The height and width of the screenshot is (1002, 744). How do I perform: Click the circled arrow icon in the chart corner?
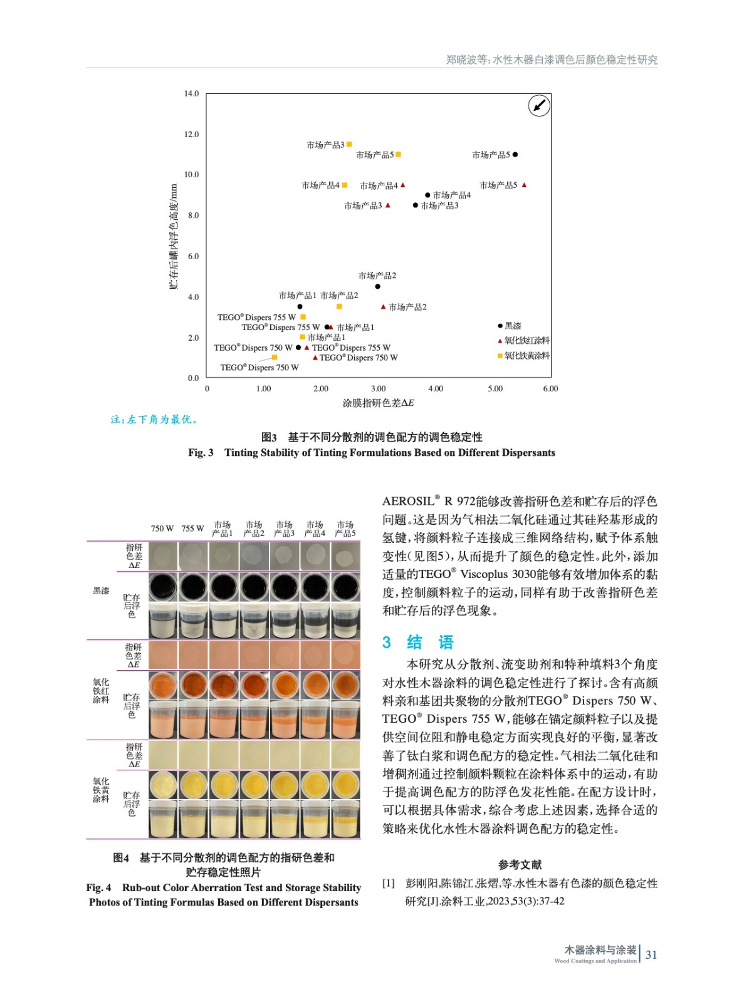click(x=539, y=106)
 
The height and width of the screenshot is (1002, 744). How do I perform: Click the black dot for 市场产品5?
click(x=515, y=155)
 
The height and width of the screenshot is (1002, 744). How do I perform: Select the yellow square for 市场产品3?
click(x=349, y=145)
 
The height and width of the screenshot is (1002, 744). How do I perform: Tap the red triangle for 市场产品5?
click(x=524, y=185)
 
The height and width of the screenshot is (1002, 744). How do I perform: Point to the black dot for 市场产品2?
click(x=377, y=287)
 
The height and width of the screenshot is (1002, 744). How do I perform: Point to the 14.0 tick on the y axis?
click(x=191, y=94)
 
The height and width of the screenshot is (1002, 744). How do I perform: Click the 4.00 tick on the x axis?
click(x=435, y=389)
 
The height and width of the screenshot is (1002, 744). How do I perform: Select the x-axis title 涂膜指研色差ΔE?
click(x=378, y=403)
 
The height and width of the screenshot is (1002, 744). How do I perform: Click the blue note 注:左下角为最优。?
click(x=155, y=420)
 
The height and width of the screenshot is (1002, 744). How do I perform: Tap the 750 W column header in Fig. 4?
click(x=162, y=529)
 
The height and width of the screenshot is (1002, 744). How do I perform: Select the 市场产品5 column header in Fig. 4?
click(x=345, y=529)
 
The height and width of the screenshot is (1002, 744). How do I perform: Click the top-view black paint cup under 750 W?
click(x=163, y=587)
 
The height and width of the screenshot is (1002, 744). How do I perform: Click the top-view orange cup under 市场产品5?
click(x=345, y=685)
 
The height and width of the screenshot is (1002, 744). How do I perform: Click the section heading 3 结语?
click(x=417, y=642)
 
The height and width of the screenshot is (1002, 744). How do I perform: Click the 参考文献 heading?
click(x=520, y=865)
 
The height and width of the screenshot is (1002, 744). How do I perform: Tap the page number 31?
click(x=651, y=955)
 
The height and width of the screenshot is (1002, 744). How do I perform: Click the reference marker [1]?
click(x=389, y=884)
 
